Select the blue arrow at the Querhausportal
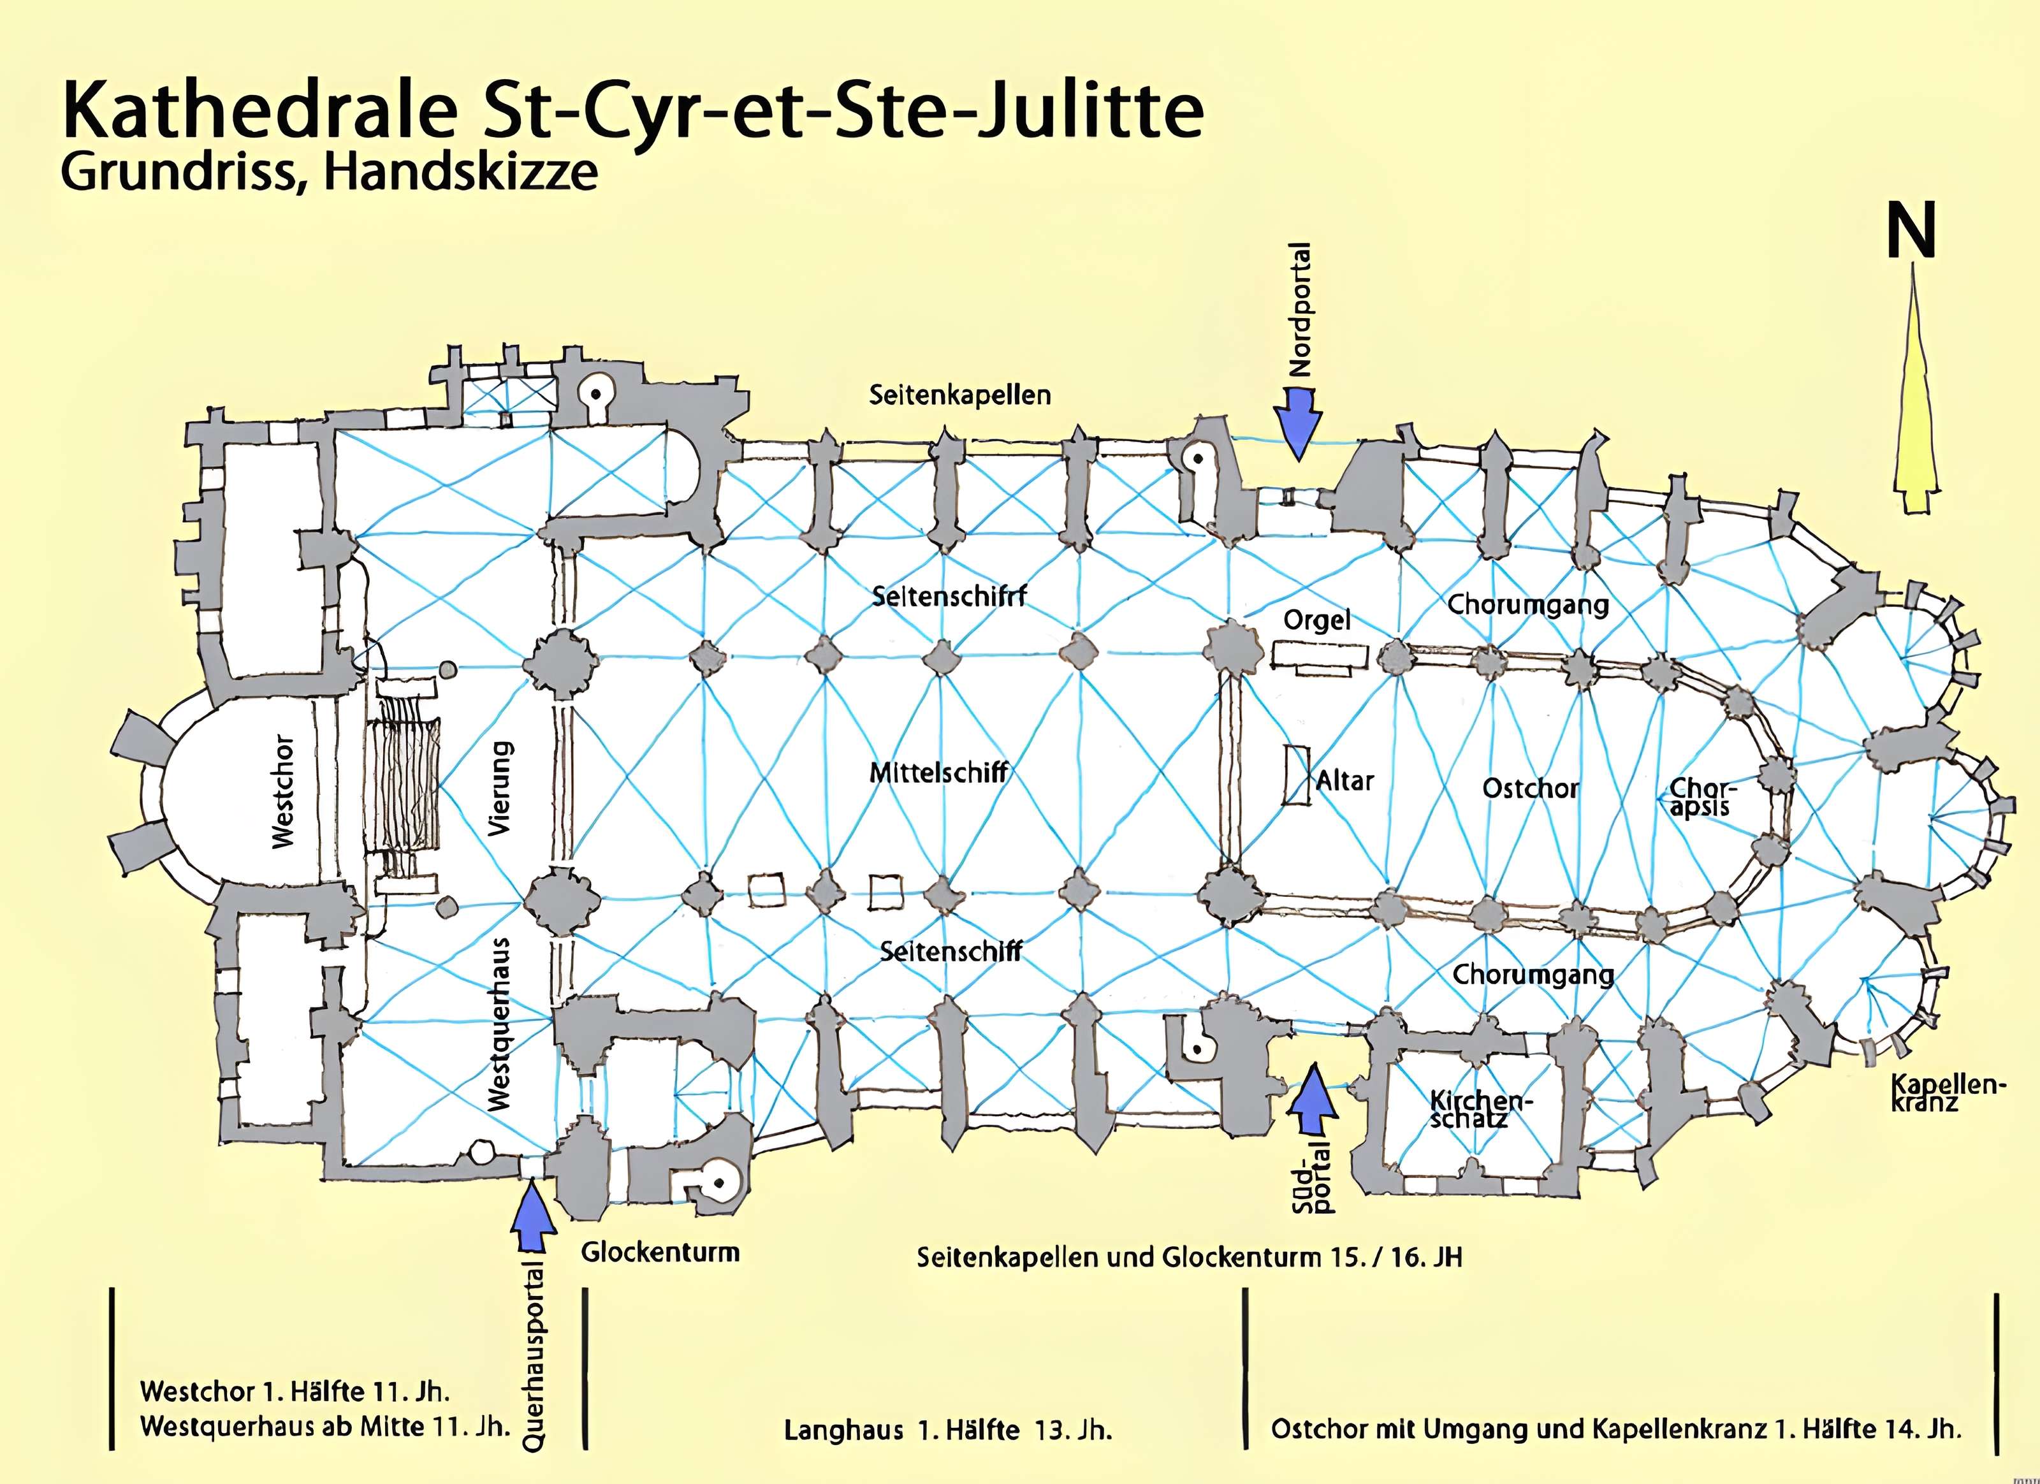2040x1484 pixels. [532, 1214]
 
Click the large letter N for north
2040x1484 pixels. [1911, 231]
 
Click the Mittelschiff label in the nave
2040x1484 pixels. [938, 773]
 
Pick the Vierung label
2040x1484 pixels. [500, 789]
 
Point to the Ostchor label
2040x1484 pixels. [1530, 789]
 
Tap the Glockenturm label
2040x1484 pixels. [660, 1252]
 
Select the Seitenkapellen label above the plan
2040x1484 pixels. [959, 395]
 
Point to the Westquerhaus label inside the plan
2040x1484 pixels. [500, 1024]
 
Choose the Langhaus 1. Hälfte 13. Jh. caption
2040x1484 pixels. [948, 1430]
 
